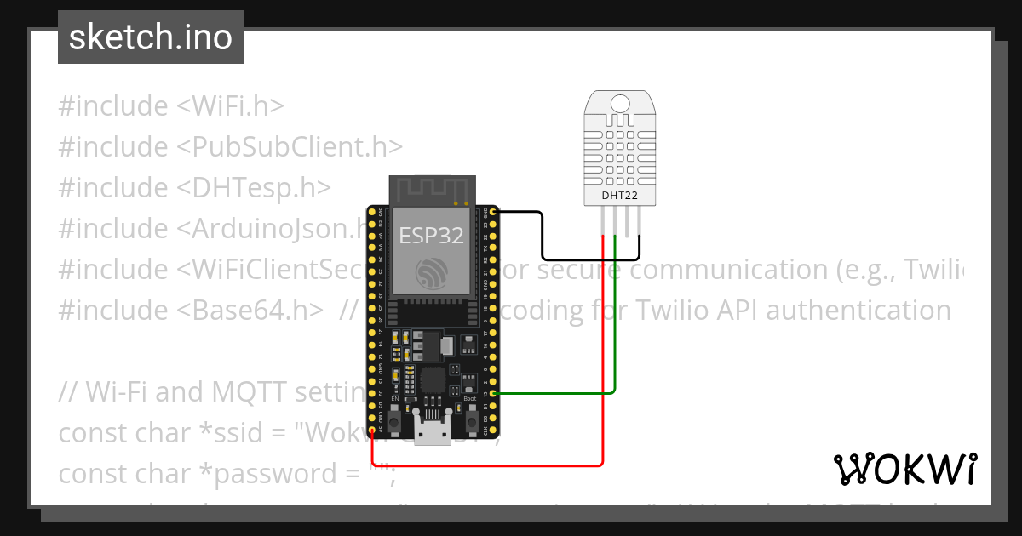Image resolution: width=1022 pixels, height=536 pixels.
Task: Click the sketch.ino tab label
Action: click(150, 37)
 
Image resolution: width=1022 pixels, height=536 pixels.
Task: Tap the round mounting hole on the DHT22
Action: click(619, 104)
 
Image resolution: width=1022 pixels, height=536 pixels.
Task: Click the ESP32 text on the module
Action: click(431, 236)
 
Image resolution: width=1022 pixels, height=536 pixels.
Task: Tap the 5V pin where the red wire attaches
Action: click(372, 431)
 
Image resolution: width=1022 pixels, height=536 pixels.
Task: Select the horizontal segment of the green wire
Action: click(554, 393)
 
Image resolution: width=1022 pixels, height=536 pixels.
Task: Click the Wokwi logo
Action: click(904, 469)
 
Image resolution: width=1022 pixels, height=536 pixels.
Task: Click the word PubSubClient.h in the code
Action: click(290, 147)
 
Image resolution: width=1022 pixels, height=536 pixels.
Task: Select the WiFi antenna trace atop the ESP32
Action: click(431, 189)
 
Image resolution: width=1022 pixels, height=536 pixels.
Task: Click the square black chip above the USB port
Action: click(433, 380)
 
